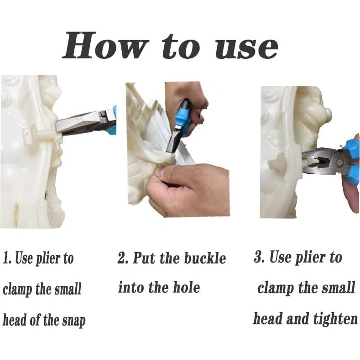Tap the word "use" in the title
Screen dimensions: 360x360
click(247, 48)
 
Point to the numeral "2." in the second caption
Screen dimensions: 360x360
click(123, 258)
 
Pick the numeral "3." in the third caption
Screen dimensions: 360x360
click(260, 256)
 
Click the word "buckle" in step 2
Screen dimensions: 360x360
click(205, 258)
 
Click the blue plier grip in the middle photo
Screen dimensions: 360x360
click(183, 120)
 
